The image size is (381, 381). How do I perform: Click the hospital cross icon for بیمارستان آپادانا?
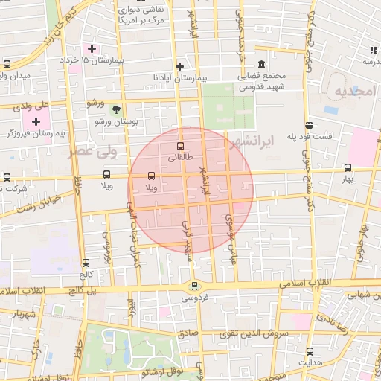179,65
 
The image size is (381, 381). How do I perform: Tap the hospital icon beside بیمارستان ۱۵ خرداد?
92,49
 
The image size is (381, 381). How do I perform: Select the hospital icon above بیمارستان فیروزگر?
36,121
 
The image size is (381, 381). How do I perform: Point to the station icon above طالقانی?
180,146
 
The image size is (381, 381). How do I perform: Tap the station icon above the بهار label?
348,167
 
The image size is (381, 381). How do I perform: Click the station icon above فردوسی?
194,286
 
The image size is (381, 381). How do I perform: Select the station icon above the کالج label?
86,263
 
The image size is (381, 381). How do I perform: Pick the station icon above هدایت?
310,350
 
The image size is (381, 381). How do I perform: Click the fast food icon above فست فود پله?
309,125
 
